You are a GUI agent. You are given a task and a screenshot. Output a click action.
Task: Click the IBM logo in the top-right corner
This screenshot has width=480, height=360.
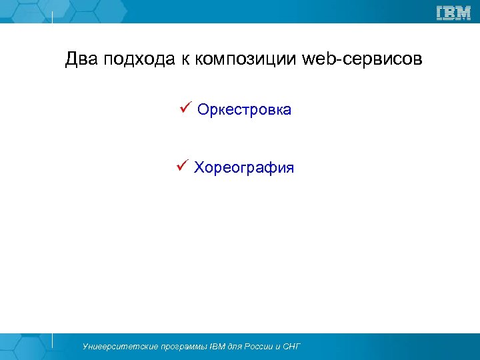453,13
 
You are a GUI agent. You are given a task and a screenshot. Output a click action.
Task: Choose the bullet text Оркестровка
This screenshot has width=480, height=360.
244,110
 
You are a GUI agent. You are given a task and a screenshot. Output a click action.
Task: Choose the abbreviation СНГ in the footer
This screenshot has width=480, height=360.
292,347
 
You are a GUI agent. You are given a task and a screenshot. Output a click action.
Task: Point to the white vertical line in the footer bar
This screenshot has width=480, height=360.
53,340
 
